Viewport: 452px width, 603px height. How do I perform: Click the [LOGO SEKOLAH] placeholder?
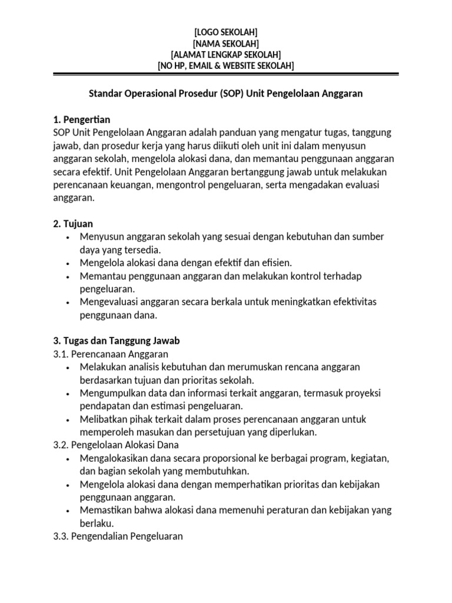(225, 32)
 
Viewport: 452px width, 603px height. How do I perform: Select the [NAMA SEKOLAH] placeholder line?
(225, 43)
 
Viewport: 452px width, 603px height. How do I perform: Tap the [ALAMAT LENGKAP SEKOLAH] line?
(225, 54)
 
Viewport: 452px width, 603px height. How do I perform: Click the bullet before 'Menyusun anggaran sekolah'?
(69, 237)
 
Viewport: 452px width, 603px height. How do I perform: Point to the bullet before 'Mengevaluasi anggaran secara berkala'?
(69, 303)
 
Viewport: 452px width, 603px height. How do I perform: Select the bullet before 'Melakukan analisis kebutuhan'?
(69, 367)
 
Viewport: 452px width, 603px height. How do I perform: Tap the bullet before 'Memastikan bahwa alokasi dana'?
(69, 511)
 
